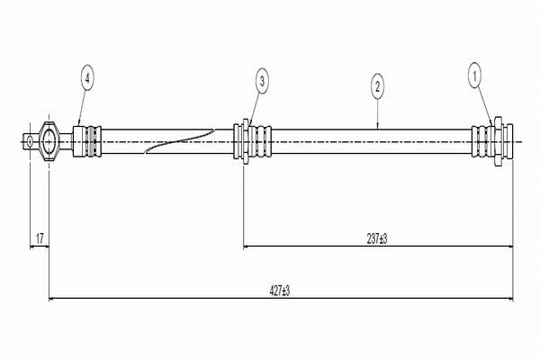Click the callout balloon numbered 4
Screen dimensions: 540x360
click(x=86, y=79)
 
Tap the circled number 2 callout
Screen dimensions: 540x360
click(x=377, y=86)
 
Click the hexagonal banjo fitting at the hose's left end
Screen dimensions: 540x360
click(x=50, y=141)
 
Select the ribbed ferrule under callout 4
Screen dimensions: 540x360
click(x=87, y=141)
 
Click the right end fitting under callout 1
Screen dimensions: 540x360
click(x=489, y=141)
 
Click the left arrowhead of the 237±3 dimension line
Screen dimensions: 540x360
click(x=248, y=246)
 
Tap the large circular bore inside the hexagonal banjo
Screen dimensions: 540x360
click(x=49, y=141)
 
